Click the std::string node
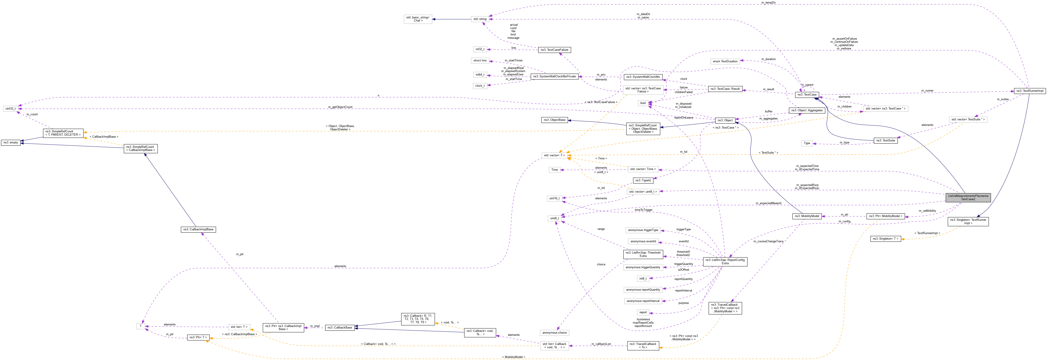(480, 19)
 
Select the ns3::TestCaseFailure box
(554, 50)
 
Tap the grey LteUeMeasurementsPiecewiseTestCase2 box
(968, 198)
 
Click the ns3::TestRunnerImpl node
(1029, 91)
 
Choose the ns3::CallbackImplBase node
(198, 230)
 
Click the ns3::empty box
(11, 143)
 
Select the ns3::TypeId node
(643, 180)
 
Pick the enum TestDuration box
(725, 61)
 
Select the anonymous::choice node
(554, 333)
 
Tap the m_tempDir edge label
(768, 2)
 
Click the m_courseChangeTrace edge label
(768, 241)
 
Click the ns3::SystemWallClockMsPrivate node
(554, 76)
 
